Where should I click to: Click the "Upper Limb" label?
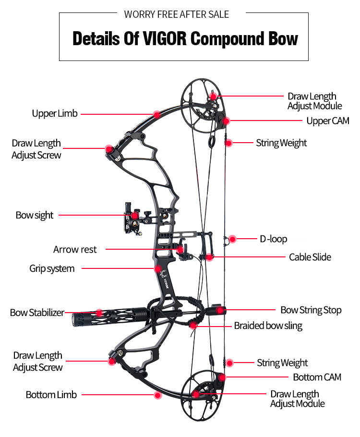pyautogui.click(x=54, y=114)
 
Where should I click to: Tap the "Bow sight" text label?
pyautogui.click(x=35, y=215)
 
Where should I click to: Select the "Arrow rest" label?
pyautogui.click(x=75, y=250)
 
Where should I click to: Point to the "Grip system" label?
pyautogui.click(x=52, y=268)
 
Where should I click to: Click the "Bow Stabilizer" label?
pyautogui.click(x=37, y=313)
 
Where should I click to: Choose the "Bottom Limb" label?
pyautogui.click(x=51, y=395)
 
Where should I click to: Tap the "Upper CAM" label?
pyautogui.click(x=328, y=121)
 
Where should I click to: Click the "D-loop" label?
pyautogui.click(x=274, y=239)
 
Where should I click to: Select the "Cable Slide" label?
pyautogui.click(x=310, y=257)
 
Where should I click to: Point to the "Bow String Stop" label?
pyautogui.click(x=311, y=310)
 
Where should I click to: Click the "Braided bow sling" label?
pyautogui.click(x=268, y=326)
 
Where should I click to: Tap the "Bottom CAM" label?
pyautogui.click(x=317, y=377)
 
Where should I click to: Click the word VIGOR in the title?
pyautogui.click(x=164, y=39)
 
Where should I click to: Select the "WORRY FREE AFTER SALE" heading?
pyautogui.click(x=177, y=14)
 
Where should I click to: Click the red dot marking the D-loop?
pyautogui.click(x=232, y=239)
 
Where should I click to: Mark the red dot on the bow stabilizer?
pyautogui.click(x=99, y=313)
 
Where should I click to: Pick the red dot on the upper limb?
pyautogui.click(x=156, y=114)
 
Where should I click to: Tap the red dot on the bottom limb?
pyautogui.click(x=157, y=395)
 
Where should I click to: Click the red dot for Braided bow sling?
pyautogui.click(x=193, y=326)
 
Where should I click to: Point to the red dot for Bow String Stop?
pyautogui.click(x=220, y=310)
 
